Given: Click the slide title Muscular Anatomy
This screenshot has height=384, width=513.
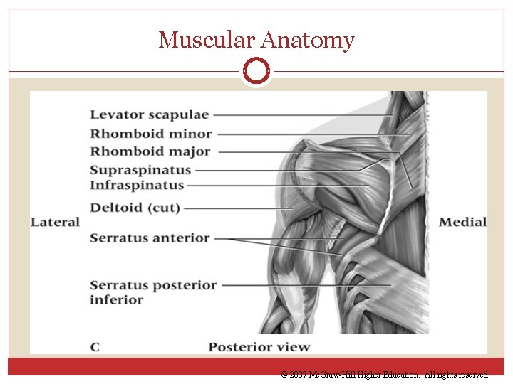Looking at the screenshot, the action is click(x=256, y=40).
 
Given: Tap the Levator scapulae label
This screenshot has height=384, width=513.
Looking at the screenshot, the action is click(x=150, y=114).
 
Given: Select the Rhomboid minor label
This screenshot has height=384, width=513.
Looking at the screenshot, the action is click(x=151, y=133).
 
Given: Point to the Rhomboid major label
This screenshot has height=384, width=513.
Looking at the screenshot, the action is click(x=150, y=151).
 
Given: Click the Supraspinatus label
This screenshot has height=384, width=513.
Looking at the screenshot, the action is click(x=141, y=170).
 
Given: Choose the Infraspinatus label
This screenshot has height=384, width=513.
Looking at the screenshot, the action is click(x=137, y=186).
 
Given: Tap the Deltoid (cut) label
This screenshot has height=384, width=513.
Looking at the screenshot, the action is click(x=135, y=208).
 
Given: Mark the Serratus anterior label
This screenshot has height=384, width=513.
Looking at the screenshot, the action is click(x=150, y=238).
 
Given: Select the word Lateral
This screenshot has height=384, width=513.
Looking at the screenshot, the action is click(x=55, y=222).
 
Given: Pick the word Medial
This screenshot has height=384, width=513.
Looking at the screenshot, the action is click(x=462, y=222).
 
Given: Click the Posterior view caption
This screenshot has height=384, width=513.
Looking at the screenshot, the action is click(x=259, y=347).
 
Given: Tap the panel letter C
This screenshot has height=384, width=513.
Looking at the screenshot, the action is click(x=95, y=347).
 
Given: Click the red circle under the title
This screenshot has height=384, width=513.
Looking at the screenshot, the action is click(x=256, y=71).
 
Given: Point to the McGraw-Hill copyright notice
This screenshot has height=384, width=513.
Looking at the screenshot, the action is click(x=385, y=374).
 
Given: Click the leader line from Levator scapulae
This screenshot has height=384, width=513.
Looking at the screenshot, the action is click(x=303, y=114).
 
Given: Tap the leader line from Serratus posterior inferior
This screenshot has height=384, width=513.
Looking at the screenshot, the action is click(x=306, y=285).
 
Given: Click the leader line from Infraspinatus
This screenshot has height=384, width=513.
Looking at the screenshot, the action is click(x=278, y=186).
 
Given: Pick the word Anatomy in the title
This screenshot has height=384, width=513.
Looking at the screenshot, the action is click(x=307, y=40).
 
